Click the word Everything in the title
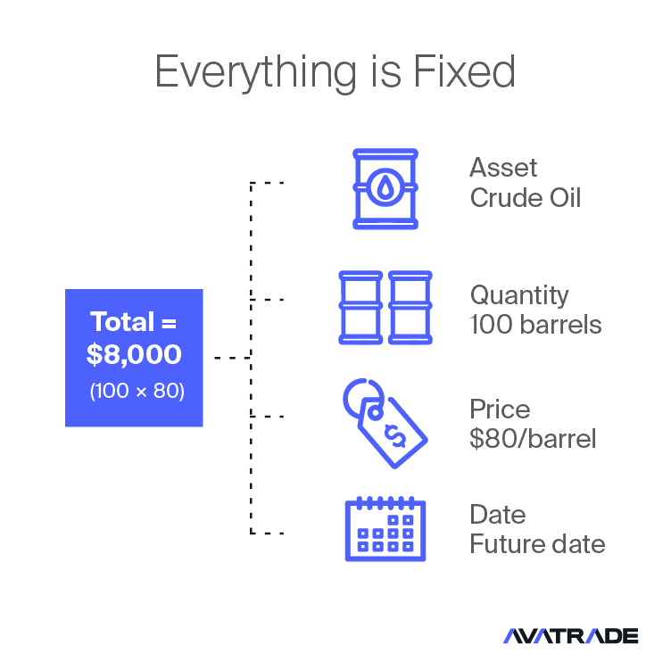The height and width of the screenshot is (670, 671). click(x=255, y=72)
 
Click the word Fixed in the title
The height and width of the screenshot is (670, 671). click(x=464, y=71)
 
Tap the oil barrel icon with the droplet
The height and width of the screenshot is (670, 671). click(x=385, y=188)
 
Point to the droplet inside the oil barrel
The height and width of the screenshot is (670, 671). click(x=385, y=187)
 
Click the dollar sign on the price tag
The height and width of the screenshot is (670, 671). click(x=395, y=435)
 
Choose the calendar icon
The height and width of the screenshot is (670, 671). click(x=385, y=529)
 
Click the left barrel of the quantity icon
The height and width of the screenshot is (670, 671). click(x=360, y=307)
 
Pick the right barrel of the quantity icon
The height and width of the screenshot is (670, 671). click(x=410, y=307)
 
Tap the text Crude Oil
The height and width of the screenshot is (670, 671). click(x=525, y=198)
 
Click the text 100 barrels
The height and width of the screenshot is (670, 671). click(x=535, y=325)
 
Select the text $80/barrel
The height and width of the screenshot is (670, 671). click(x=533, y=439)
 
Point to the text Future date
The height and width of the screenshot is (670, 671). click(x=537, y=544)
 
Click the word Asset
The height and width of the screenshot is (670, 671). click(x=503, y=167)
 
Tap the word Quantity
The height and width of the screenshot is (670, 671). click(x=519, y=295)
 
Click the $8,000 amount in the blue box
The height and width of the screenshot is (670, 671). click(x=134, y=354)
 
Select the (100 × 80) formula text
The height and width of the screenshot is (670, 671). click(x=137, y=391)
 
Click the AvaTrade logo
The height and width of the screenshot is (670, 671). click(x=570, y=636)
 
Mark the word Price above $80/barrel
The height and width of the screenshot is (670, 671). click(x=500, y=409)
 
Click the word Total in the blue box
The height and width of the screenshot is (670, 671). click(x=122, y=321)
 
